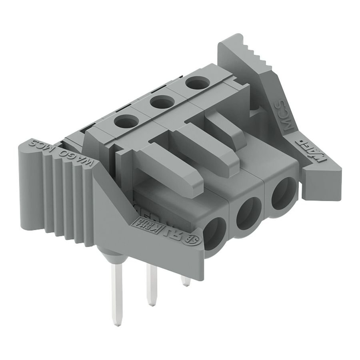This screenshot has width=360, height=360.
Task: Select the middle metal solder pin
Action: point(151,286)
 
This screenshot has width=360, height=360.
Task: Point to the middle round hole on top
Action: point(159,102)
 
